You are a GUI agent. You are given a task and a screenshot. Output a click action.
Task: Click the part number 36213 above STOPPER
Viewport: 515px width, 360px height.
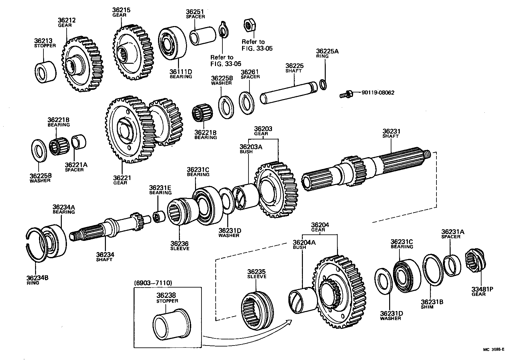[43, 41]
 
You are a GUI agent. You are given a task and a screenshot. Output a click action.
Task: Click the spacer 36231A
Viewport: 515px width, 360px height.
[452, 265]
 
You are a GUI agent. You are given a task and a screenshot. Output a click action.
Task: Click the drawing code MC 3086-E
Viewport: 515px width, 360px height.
[493, 349]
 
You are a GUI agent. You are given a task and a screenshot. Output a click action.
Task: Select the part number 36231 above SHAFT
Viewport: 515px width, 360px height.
[391, 131]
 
